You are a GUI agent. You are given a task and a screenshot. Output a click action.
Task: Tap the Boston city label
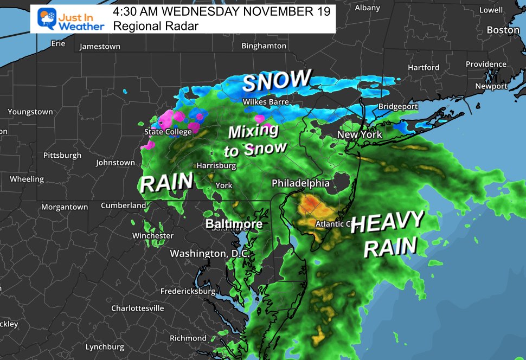(503, 30)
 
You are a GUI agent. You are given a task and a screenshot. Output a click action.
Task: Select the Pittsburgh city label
(62, 156)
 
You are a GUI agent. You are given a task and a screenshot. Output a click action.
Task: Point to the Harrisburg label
(216, 165)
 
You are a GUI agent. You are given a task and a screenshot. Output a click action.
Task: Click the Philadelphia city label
(300, 183)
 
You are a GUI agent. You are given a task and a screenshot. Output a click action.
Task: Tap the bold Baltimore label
(234, 224)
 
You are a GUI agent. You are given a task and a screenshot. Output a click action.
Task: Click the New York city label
(360, 134)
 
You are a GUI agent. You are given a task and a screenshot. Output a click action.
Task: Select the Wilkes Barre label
(265, 102)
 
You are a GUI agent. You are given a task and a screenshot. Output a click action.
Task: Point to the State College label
(168, 132)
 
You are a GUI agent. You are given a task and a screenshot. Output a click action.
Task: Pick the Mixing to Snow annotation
(255, 139)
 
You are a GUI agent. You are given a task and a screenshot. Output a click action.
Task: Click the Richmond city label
(188, 338)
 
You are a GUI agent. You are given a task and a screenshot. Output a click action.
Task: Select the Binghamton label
(264, 46)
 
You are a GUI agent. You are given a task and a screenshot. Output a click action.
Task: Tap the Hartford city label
(424, 68)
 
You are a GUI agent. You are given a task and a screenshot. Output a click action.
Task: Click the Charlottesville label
(137, 308)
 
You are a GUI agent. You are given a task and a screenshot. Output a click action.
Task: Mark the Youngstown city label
(30, 112)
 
